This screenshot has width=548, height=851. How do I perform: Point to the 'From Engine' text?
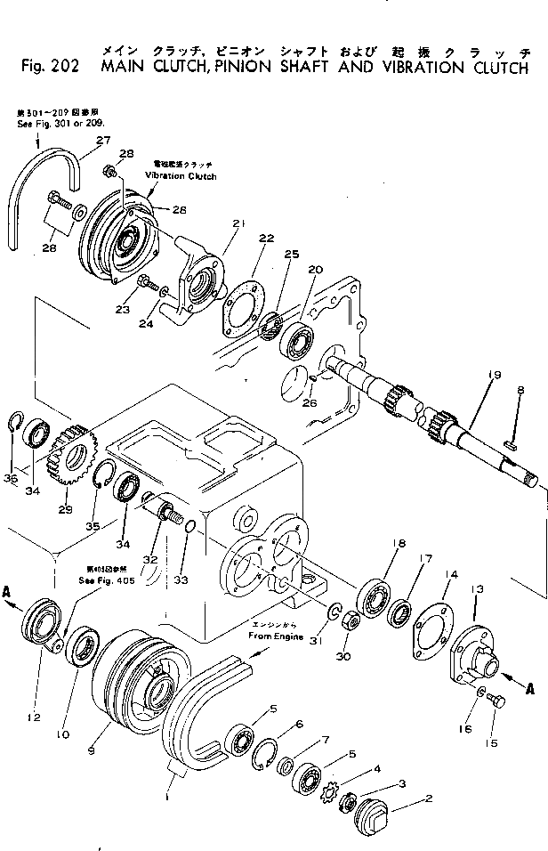point(276,637)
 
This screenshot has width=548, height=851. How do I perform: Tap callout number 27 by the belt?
point(103,140)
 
